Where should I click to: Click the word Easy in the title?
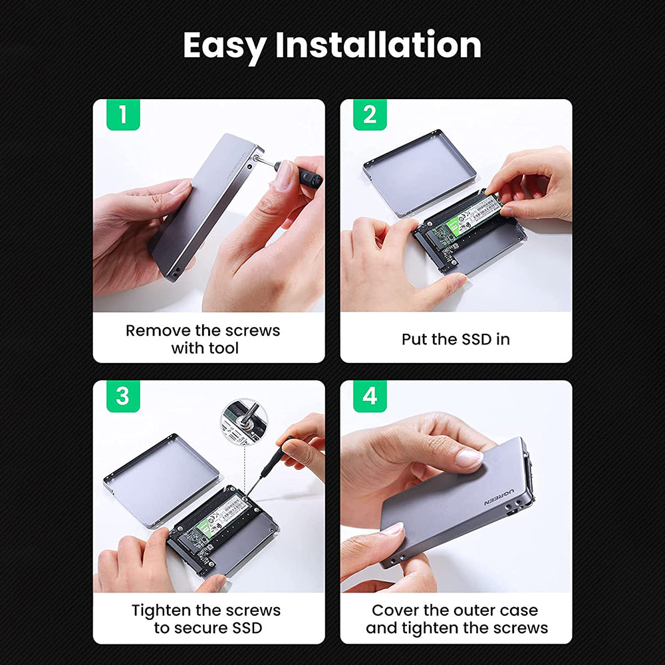point(223,47)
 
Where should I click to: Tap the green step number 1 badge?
point(122,114)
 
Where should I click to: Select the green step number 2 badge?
point(370,114)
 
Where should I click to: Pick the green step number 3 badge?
point(122,396)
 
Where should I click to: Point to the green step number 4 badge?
point(370,396)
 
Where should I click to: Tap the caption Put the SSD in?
point(456,339)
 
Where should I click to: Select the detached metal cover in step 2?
point(419,172)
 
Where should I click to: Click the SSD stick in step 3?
point(213,519)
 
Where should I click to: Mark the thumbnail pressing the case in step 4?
point(469,457)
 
